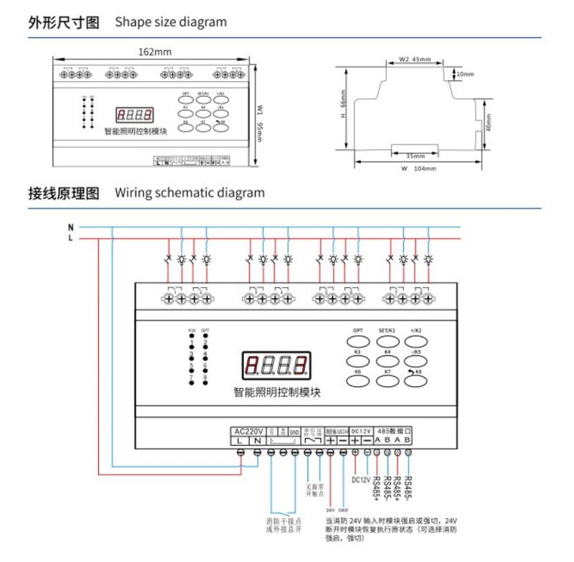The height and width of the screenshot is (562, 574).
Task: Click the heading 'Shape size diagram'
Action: tap(171, 22)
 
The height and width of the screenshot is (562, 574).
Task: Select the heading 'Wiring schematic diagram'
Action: tap(189, 192)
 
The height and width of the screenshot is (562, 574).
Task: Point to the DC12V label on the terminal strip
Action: tap(361, 431)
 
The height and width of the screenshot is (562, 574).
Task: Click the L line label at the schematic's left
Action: tap(70, 238)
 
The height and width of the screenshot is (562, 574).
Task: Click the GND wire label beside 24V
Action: tap(343, 510)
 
